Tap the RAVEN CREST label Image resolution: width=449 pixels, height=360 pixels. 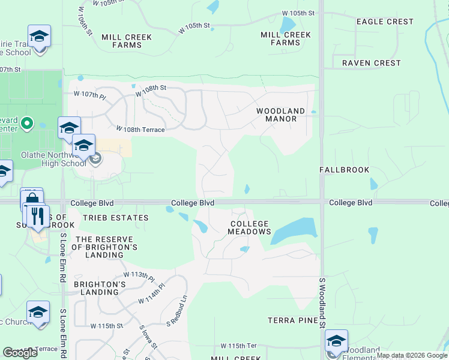(x=371, y=63)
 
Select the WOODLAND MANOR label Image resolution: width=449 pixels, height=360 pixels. (x=280, y=115)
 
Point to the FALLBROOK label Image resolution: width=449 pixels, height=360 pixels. (x=345, y=170)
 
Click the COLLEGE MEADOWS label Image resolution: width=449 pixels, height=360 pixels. (x=250, y=227)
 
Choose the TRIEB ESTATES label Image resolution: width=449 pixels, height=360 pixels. (x=116, y=218)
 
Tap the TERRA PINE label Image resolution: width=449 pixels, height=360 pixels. (x=292, y=320)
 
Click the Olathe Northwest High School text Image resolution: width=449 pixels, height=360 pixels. (x=53, y=158)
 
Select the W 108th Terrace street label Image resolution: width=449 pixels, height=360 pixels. (x=140, y=130)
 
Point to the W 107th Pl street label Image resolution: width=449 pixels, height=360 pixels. (x=89, y=95)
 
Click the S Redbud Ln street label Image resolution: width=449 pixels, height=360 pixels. (x=177, y=310)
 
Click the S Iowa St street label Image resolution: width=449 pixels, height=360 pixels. (x=148, y=338)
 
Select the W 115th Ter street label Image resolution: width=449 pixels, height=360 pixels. (x=238, y=346)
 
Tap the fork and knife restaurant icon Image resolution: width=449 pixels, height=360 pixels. (x=37, y=217)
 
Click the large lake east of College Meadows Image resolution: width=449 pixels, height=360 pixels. (x=294, y=230)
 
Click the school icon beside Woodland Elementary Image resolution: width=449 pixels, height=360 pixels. (x=336, y=341)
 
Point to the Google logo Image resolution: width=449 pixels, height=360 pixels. (x=20, y=353)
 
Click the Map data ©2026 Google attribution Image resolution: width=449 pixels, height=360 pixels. (x=412, y=355)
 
